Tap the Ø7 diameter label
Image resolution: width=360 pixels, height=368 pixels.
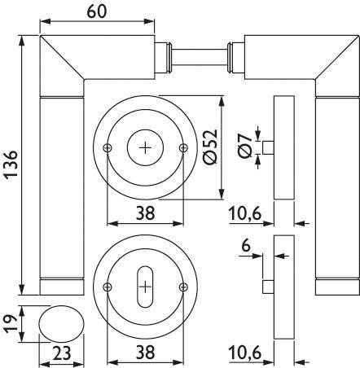[244, 147]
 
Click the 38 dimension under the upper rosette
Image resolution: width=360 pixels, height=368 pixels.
[145, 213]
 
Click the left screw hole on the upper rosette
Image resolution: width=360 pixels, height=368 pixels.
[108, 147]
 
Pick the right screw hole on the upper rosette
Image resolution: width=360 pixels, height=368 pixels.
[182, 147]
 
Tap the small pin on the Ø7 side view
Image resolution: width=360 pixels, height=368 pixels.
[266, 147]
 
